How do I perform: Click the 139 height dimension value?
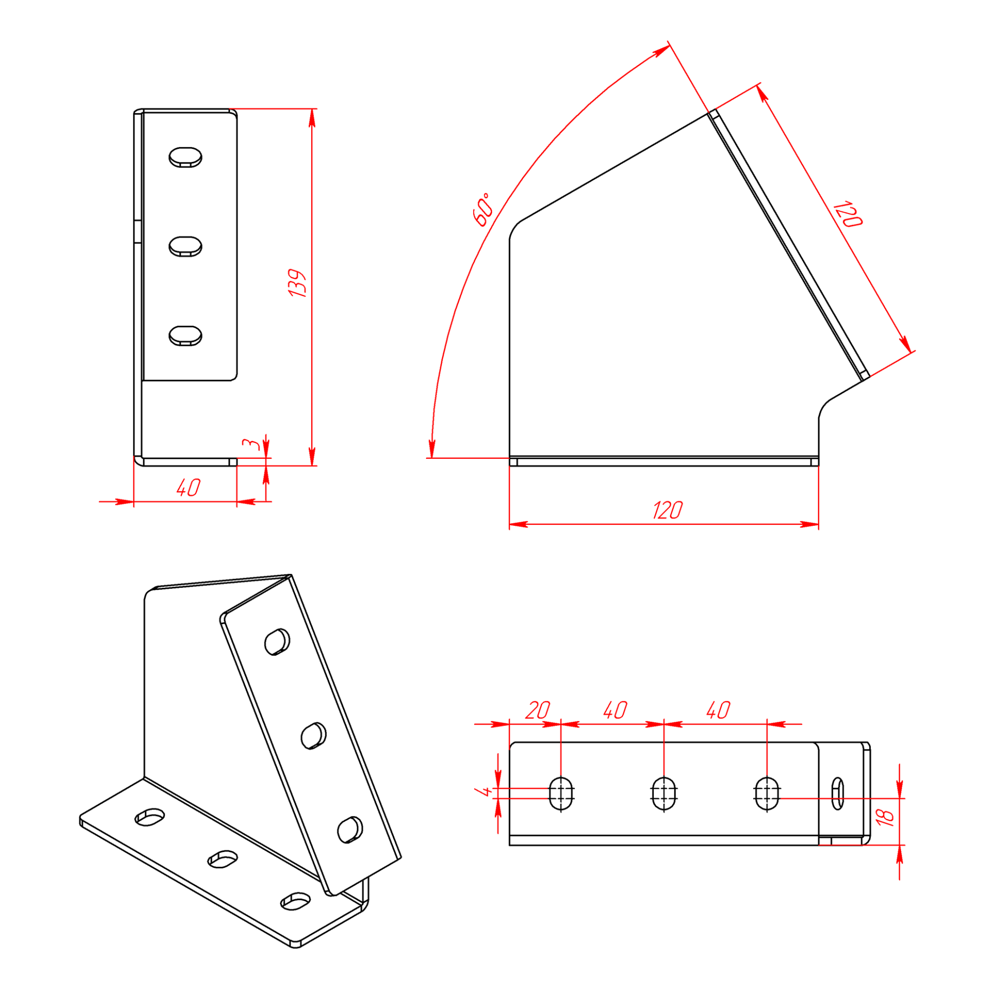[296, 283]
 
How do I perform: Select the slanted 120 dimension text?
[847, 215]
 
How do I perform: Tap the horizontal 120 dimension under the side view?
[667, 510]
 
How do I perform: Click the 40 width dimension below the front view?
[188, 487]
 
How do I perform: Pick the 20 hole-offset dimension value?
[538, 710]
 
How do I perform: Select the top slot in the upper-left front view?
[185, 157]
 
